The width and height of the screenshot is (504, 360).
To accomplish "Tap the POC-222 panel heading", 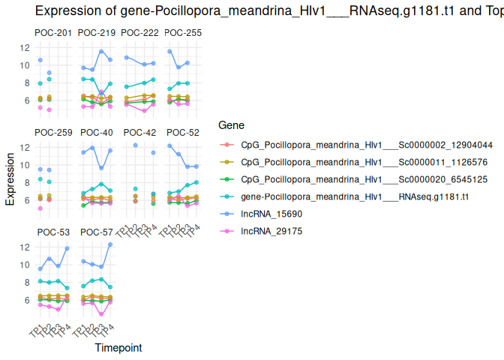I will click(x=139, y=33).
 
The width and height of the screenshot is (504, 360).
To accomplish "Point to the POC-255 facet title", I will click(x=183, y=33).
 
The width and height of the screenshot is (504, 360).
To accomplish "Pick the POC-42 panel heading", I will click(x=139, y=133).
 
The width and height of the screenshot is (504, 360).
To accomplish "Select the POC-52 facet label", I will click(x=183, y=133).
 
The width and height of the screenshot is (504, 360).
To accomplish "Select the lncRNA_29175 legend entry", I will click(x=266, y=231).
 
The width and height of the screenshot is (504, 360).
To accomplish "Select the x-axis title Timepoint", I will click(x=118, y=348).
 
